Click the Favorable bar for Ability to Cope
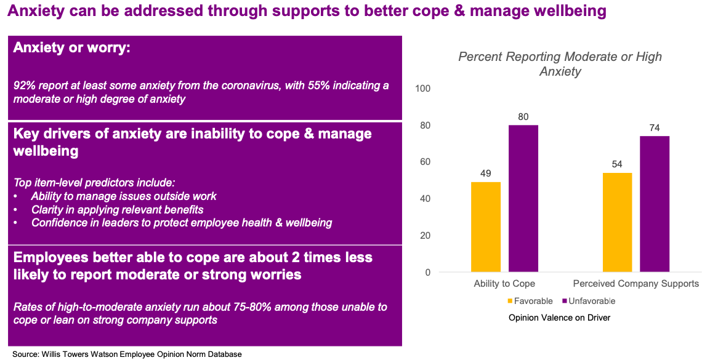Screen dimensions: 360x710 (x=486, y=227)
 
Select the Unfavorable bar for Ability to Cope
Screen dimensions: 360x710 (x=523, y=199)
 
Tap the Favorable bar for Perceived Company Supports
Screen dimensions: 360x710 (x=618, y=223)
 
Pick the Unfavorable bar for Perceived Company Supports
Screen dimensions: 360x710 (x=655, y=204)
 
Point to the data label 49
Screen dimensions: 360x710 (x=486, y=174)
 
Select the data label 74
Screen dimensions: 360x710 (x=655, y=128)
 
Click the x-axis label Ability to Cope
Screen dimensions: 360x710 (x=504, y=284)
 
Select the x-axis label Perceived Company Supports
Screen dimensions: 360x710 (x=635, y=284)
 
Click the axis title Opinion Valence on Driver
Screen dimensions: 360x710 (x=559, y=318)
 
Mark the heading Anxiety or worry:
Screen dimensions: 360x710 (x=71, y=48)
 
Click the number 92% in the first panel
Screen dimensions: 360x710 (x=24, y=86)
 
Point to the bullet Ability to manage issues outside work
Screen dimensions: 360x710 (x=123, y=196)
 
